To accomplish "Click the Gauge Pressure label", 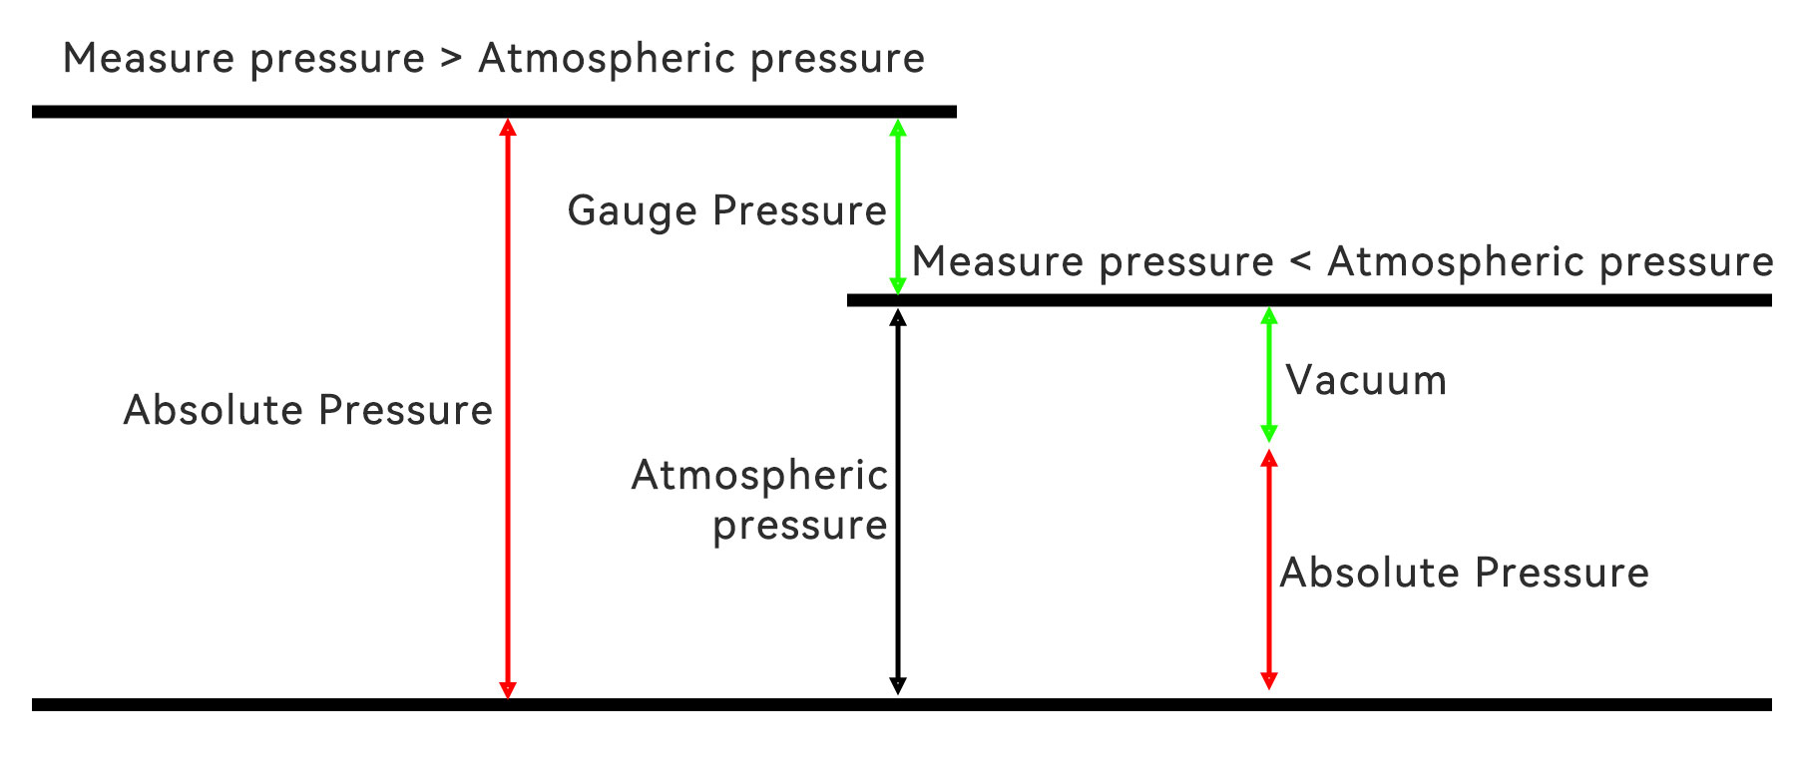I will coord(726,211).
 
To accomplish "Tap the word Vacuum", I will coord(1365,381).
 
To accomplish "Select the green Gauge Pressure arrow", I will coord(898,206).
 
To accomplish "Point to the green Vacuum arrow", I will coord(1269,375).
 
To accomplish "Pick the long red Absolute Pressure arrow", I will coord(508,408).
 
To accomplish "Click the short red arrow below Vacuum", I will coord(1269,570).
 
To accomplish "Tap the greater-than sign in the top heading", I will coord(451,58).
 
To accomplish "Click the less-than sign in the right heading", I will coord(1300,261).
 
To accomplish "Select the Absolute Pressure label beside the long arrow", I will coord(307,411).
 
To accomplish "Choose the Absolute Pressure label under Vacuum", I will coord(1464,574).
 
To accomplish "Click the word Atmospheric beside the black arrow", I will coord(759,476).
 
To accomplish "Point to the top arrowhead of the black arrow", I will coord(898,317).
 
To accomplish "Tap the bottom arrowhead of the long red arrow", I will coord(508,689).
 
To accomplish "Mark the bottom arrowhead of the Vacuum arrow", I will coord(1269,433).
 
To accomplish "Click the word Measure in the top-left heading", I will coord(149,58).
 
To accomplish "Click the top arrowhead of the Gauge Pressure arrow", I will coord(898,128).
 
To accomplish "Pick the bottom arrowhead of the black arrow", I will coord(898,685).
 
